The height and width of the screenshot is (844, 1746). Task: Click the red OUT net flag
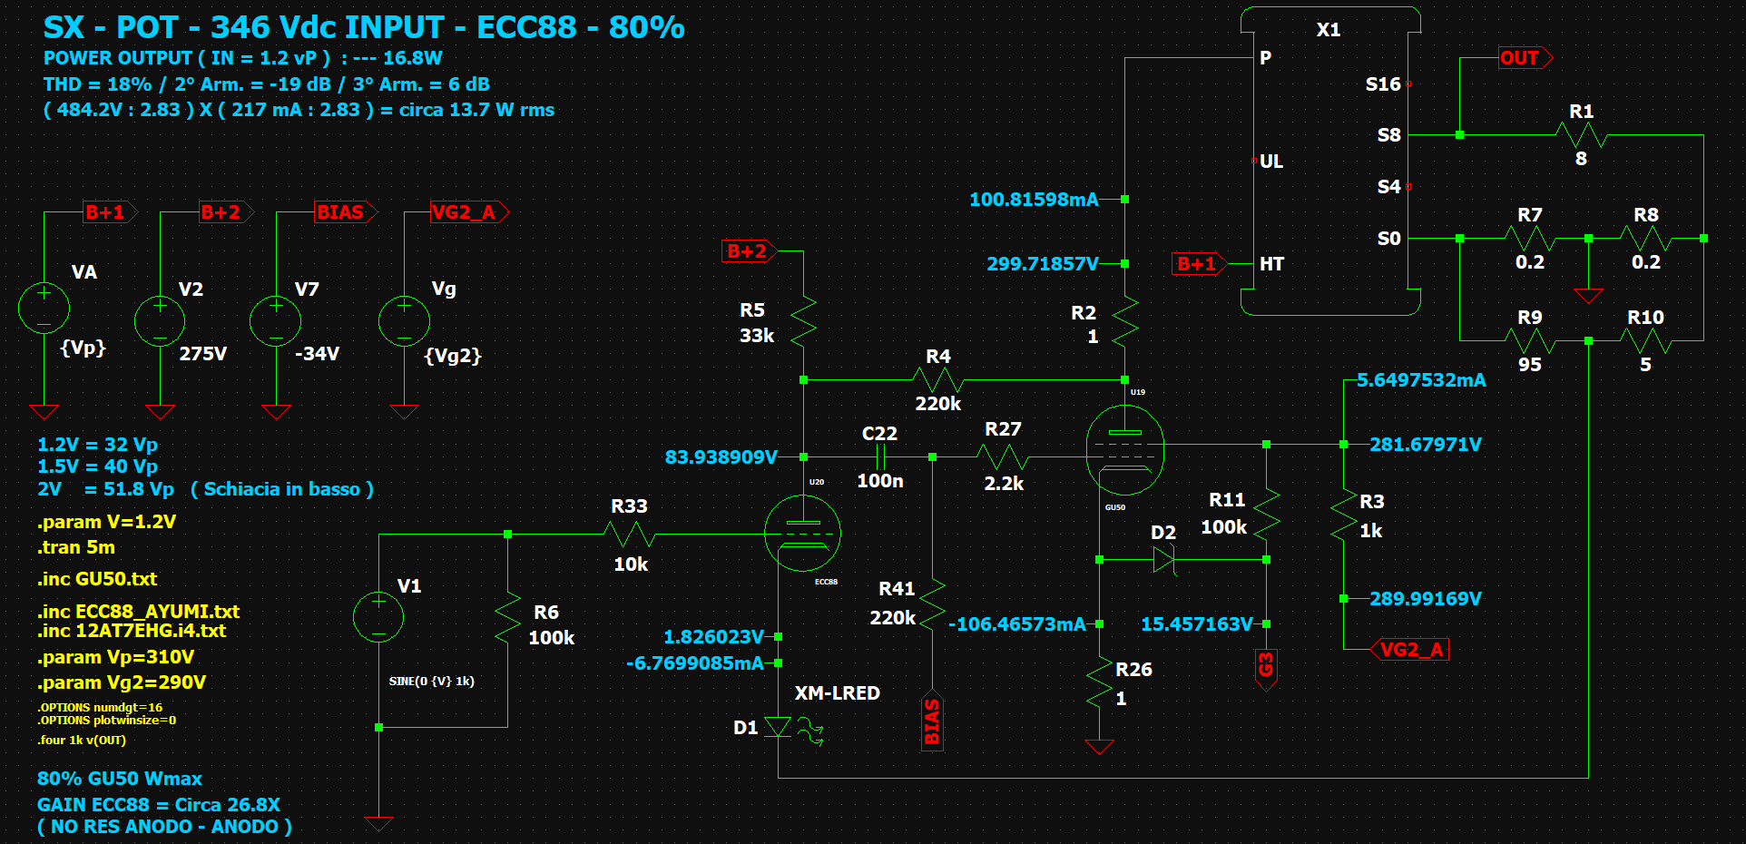click(x=1525, y=58)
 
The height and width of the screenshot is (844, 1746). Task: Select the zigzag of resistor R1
click(x=1581, y=135)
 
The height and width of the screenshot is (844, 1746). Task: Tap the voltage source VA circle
click(x=44, y=308)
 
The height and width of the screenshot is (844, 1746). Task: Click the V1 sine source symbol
click(x=378, y=616)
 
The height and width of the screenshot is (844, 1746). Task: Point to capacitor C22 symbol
click(x=879, y=456)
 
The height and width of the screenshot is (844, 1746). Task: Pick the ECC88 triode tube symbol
click(x=802, y=534)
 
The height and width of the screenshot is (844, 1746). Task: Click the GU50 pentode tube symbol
click(x=1124, y=450)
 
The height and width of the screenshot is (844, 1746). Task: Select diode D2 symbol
click(x=1163, y=559)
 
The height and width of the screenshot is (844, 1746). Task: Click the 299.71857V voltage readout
click(x=1042, y=264)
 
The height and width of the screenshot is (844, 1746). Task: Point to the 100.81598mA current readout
click(x=1034, y=200)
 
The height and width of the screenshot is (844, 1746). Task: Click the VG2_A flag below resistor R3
click(x=1409, y=650)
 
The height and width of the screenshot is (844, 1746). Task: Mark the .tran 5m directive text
click(x=76, y=547)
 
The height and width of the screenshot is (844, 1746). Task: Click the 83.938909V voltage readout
click(x=721, y=457)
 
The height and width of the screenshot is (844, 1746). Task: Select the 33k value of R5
click(x=757, y=336)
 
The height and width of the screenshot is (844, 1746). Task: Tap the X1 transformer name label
click(x=1329, y=30)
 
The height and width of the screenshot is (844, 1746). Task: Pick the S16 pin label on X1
click(x=1383, y=84)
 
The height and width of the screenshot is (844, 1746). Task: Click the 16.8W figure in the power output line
click(x=413, y=58)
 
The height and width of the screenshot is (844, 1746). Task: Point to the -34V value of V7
click(x=317, y=354)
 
